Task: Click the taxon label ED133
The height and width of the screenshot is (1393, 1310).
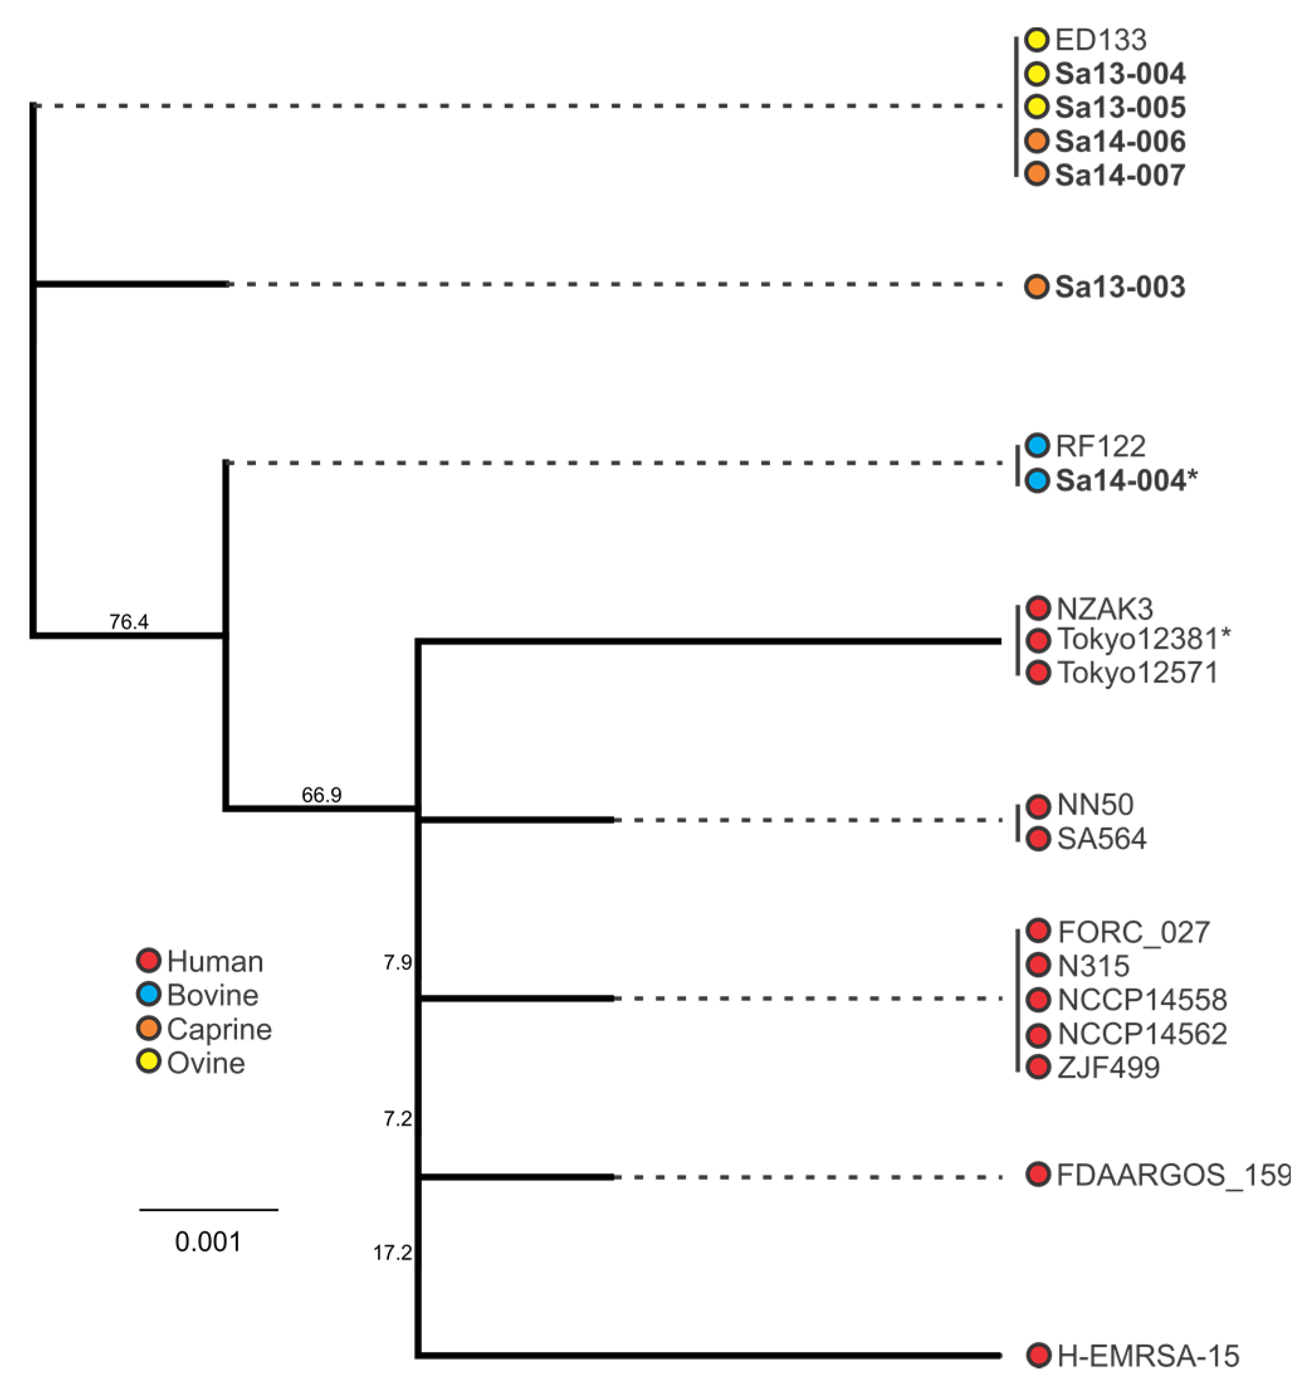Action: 1100,40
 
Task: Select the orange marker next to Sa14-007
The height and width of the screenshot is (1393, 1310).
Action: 1037,174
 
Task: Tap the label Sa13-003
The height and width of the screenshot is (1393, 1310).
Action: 1120,287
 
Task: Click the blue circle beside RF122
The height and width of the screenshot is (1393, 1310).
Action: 1037,445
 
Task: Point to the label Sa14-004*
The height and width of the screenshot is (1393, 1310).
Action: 1126,480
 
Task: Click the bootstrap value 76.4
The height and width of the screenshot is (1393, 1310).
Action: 129,621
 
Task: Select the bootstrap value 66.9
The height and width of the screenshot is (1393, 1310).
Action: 322,794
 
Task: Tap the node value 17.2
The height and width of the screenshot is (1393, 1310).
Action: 392,1252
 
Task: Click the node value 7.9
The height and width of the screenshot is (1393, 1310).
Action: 397,962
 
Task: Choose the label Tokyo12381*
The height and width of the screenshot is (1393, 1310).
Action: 1143,639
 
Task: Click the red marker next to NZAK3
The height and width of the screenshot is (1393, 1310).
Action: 1037,608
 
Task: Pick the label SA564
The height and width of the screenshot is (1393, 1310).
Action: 1101,839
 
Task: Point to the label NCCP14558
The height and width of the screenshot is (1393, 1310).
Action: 1142,1000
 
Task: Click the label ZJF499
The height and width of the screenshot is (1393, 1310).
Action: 1108,1067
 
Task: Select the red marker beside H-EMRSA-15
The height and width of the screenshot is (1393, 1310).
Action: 1038,1355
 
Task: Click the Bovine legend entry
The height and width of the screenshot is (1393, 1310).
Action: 212,995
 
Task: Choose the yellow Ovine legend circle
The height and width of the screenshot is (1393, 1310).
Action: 148,1062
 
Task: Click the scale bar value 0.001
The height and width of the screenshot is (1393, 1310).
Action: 208,1241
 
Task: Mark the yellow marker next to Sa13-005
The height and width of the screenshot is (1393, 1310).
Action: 1037,106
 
